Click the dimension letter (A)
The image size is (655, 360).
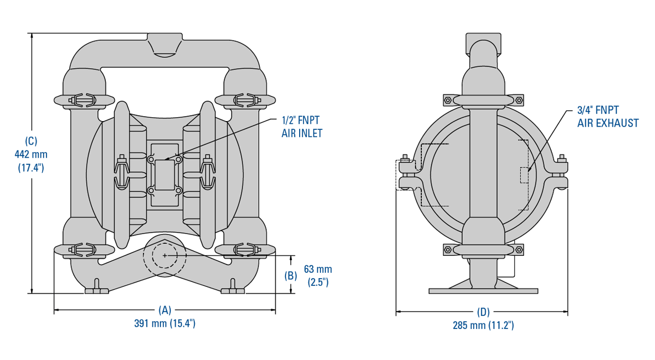point(164,310)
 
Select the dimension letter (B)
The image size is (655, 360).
point(291,275)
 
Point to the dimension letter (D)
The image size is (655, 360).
point(483,313)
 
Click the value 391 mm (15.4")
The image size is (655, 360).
point(164,323)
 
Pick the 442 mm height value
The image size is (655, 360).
point(31,154)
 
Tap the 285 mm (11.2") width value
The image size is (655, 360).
point(483,326)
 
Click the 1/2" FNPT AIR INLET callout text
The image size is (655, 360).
point(302,126)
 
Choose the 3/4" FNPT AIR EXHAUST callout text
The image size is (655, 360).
point(608,116)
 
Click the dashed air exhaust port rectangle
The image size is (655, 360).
point(525,175)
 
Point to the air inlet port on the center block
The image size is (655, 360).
point(164,167)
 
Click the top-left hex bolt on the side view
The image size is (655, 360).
point(447,100)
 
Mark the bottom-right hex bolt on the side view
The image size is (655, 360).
point(519,250)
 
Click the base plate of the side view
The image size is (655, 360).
point(483,291)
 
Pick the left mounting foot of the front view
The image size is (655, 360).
point(97,290)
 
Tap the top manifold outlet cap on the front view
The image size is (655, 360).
point(164,44)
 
